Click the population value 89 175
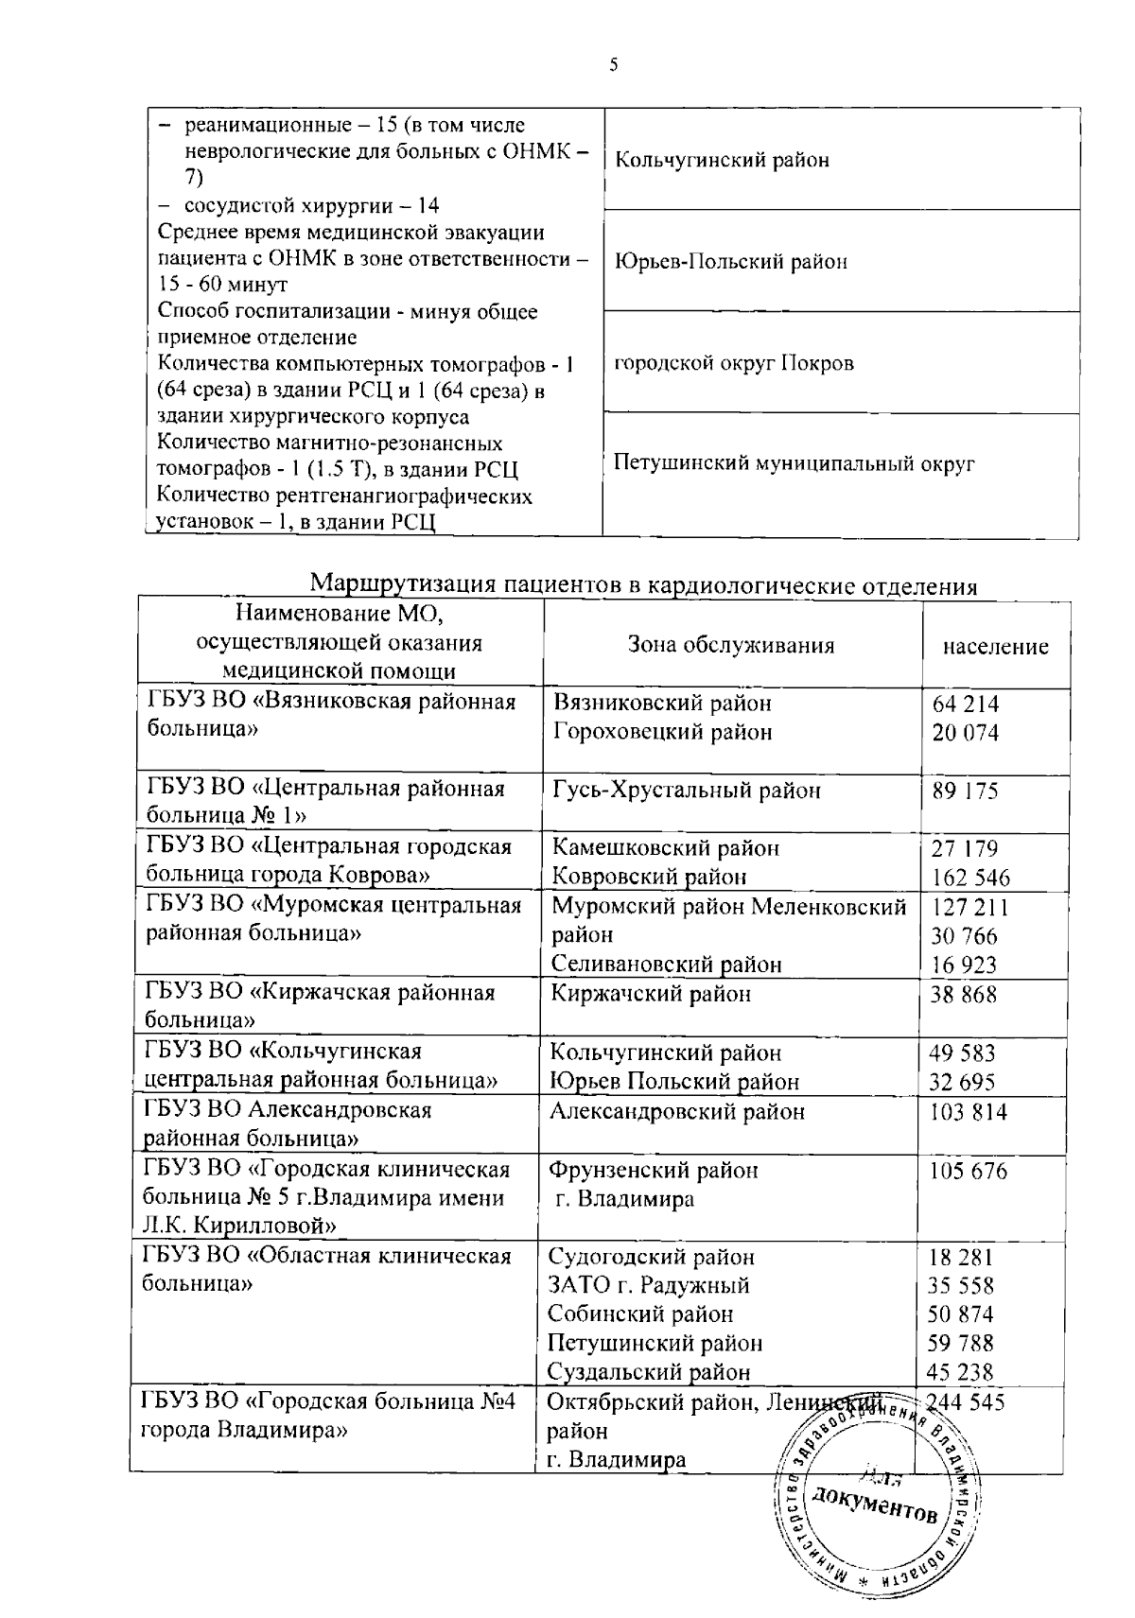point(965,792)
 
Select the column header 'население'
point(995,647)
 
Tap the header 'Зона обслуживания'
point(731,645)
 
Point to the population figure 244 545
point(965,1402)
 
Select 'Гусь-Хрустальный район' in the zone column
point(686,791)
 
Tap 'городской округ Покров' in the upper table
point(734,363)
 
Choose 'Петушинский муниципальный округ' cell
point(794,463)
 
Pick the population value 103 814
point(968,1112)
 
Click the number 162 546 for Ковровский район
point(970,878)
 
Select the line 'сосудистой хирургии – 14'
point(311,206)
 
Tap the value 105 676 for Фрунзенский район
point(968,1172)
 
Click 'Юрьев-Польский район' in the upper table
point(730,261)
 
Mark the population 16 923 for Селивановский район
point(965,966)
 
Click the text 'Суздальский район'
point(649,1371)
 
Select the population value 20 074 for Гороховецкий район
point(965,732)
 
